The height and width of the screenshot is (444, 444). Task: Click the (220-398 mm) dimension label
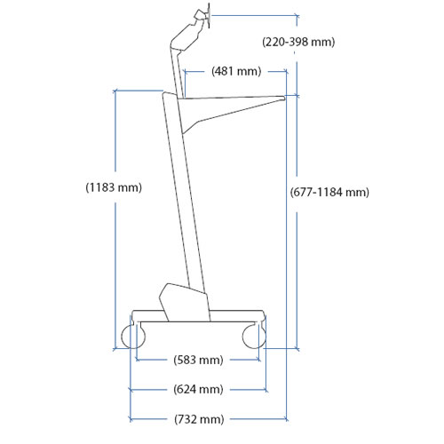pyautogui.click(x=298, y=42)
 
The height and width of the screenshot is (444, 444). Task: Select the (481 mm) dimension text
pyautogui.click(x=236, y=71)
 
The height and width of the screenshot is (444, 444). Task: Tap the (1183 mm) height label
pyautogui.click(x=114, y=187)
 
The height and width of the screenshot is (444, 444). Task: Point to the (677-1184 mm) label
pyautogui.click(x=329, y=192)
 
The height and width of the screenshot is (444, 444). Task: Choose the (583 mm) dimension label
pyautogui.click(x=198, y=360)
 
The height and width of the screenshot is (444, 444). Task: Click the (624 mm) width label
pyautogui.click(x=198, y=389)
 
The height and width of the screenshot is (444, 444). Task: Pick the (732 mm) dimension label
pyautogui.click(x=199, y=419)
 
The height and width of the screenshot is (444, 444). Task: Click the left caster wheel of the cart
pyautogui.click(x=133, y=337)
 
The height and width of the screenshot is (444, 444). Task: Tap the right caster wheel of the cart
pyautogui.click(x=254, y=337)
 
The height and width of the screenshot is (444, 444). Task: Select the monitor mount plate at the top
pyautogui.click(x=209, y=16)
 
